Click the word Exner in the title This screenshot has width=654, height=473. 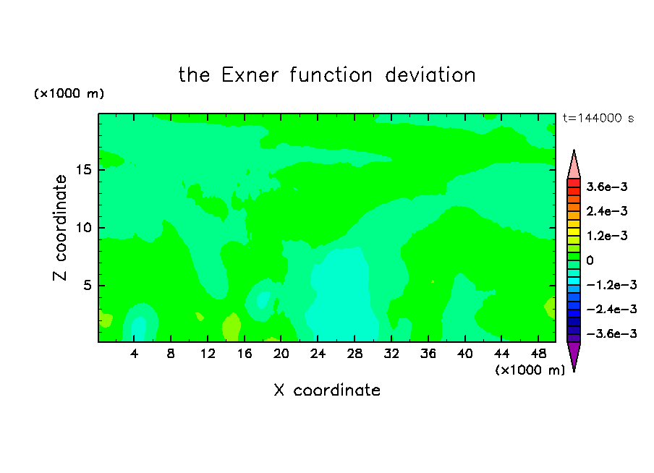coord(250,75)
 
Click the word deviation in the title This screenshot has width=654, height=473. coord(430,75)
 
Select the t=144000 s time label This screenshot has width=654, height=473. coord(598,119)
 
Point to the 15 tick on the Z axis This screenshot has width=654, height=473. coord(83,170)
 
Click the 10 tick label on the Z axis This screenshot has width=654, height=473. coord(83,228)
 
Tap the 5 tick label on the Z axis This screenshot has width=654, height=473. coord(87,285)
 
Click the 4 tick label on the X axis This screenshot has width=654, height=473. coord(134,354)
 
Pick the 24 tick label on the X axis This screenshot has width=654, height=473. coord(318,354)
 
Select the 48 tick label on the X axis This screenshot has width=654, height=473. coord(538,354)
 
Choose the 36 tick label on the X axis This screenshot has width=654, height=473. coord(428,354)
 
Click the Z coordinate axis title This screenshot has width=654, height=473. coord(59,228)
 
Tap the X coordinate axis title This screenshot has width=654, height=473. coord(327,391)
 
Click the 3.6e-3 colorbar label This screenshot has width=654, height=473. coord(607,187)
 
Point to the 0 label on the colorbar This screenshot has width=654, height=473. coord(590,260)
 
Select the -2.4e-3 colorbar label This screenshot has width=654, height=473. coord(611,309)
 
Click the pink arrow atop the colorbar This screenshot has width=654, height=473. coord(574,166)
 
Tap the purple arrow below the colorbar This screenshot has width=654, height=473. coord(574,354)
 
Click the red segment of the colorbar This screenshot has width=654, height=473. coord(574,183)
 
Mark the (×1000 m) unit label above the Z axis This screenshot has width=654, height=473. coord(69,93)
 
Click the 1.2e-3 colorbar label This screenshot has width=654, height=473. coord(607,236)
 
